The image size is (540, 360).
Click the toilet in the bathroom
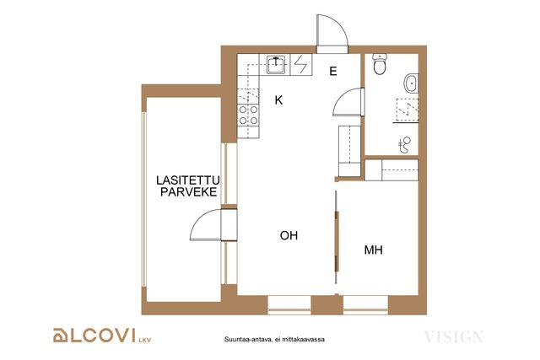pos(380,64)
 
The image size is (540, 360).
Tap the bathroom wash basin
pos(411,83)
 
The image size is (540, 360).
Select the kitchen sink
pos(276,64)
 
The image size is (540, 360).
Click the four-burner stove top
pos(248,115)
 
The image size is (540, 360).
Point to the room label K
pos(278,100)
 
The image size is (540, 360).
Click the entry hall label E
pos(333,72)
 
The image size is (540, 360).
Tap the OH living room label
pos(289,235)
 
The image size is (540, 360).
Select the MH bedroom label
pos(373,250)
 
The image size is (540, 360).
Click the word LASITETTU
pos(188,180)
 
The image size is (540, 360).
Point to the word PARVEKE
pos(189,191)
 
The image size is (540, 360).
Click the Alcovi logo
pos(102,336)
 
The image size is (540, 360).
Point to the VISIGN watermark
pos(454,336)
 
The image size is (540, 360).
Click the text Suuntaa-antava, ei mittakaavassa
pos(274,340)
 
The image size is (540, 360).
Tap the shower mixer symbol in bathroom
pos(405,145)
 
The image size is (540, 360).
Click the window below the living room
pos(289,305)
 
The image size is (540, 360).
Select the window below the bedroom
pos(365,305)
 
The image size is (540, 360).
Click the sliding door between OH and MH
pos(337,241)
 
